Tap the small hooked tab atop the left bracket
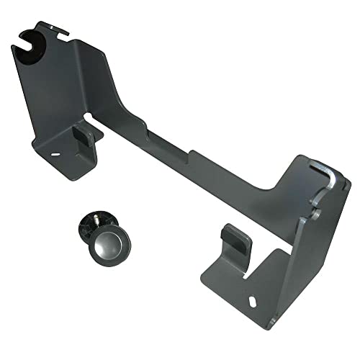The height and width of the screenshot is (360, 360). click(x=62, y=31)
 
